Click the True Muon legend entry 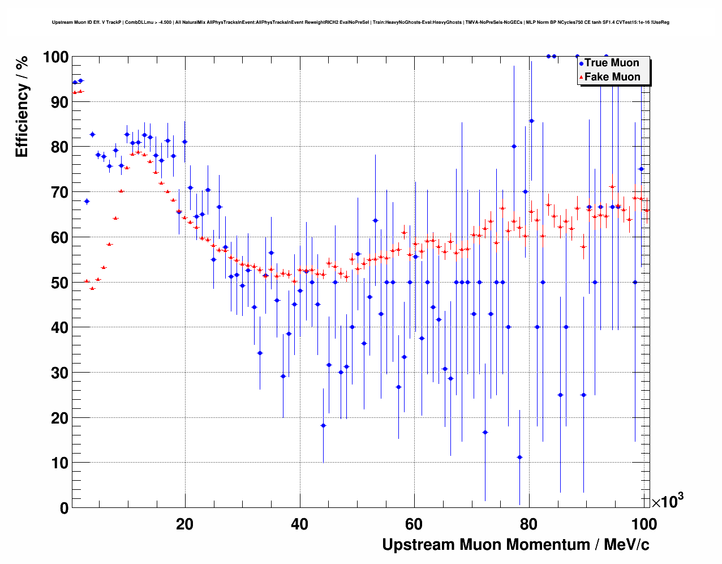point(612,63)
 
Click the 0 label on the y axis point(64,508)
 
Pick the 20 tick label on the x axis point(184,524)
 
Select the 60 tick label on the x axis point(414,524)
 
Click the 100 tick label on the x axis point(644,524)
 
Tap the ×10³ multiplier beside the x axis point(668,501)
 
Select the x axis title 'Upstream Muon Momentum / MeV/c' point(515,545)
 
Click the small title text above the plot point(360,23)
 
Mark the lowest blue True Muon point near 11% point(519,457)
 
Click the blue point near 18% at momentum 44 point(323,425)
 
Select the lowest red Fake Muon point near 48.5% point(92,288)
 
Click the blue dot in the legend point(581,63)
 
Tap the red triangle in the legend point(581,77)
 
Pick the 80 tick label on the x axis point(529,524)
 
